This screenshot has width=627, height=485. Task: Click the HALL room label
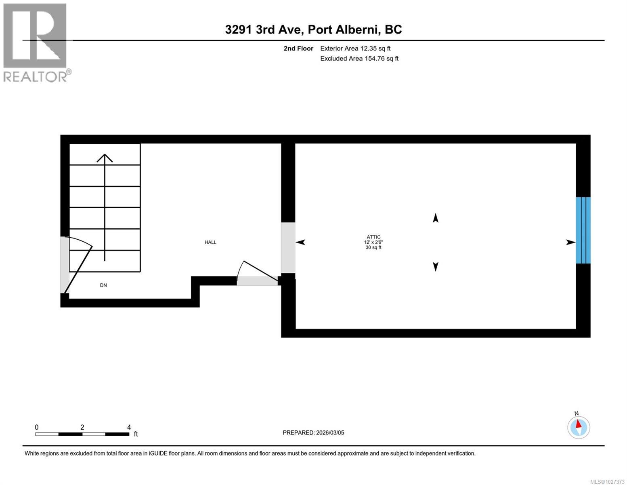click(x=210, y=242)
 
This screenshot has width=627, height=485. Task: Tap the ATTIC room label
click(x=373, y=237)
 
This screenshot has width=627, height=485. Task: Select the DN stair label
click(x=103, y=285)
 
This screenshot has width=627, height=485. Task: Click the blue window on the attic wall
click(x=583, y=230)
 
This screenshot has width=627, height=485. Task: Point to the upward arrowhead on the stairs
click(x=105, y=158)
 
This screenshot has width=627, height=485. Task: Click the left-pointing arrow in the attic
click(x=300, y=242)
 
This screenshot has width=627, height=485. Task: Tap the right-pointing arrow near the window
click(x=570, y=242)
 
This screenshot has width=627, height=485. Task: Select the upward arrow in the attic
click(x=435, y=218)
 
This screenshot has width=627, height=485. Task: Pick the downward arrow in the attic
click(x=435, y=267)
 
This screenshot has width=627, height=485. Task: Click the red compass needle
click(x=579, y=424)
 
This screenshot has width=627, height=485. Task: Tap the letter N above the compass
click(x=577, y=413)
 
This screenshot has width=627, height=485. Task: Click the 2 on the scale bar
click(x=82, y=427)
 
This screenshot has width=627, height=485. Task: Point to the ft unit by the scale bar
click(x=136, y=434)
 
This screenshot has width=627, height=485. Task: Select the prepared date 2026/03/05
click(x=329, y=432)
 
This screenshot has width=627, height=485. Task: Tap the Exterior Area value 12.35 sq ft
click(x=375, y=48)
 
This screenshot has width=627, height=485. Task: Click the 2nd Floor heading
click(x=298, y=48)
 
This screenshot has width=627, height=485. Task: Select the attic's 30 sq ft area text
click(x=373, y=247)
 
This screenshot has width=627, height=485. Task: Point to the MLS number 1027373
click(x=607, y=481)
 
